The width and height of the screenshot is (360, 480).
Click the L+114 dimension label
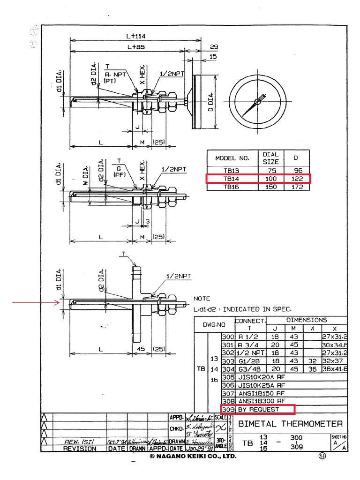(135, 36)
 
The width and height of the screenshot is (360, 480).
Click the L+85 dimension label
(135, 47)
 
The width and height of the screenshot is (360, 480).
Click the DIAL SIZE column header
(270, 157)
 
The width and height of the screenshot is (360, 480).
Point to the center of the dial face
(257, 101)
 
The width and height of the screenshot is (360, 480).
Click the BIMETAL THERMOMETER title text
(291, 424)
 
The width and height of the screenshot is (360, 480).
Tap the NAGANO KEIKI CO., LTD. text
(193, 456)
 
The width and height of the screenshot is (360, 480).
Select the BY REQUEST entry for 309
(258, 409)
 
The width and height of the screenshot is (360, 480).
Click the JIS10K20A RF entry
(261, 377)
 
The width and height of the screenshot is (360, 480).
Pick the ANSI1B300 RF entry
(261, 401)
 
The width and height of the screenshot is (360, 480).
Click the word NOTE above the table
(202, 299)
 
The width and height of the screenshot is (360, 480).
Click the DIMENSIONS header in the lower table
(307, 320)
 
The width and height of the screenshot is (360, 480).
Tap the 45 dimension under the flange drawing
(141, 349)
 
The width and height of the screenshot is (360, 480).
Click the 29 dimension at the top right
(214, 47)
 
